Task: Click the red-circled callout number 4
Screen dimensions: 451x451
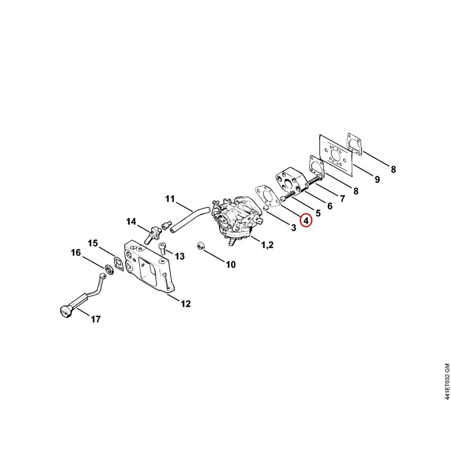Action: [x=306, y=220]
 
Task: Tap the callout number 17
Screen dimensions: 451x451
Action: [x=96, y=319]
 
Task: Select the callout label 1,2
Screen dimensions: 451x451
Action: [x=267, y=245]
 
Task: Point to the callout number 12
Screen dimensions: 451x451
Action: [x=185, y=304]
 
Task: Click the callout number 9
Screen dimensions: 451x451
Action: [x=377, y=179]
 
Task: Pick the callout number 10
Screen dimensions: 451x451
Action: [x=231, y=264]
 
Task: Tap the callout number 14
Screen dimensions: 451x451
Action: [x=131, y=222]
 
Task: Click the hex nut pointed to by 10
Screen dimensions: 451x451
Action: [x=200, y=246]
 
